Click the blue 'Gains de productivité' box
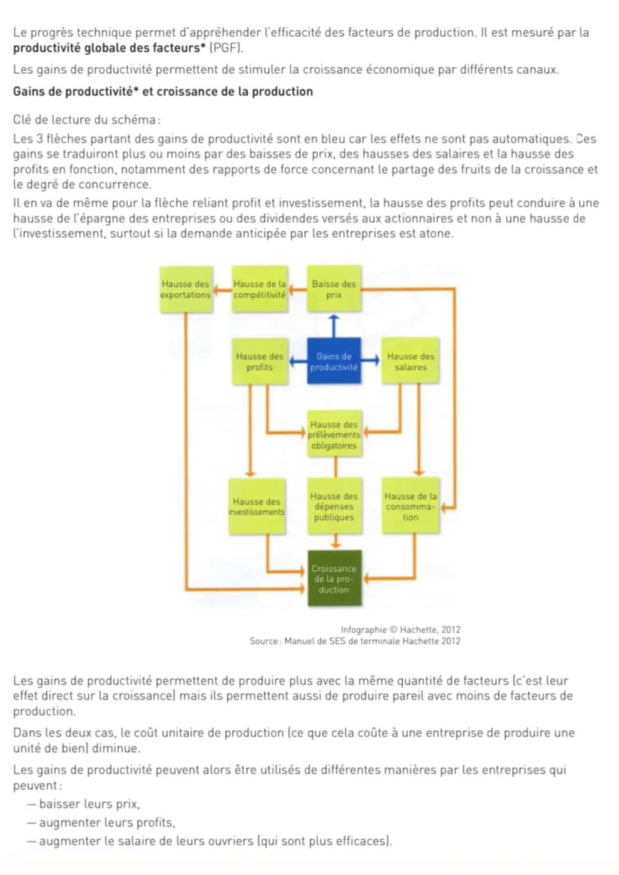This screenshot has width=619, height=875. [333, 361]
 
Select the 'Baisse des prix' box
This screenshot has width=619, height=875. [333, 288]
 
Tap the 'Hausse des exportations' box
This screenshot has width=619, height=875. [186, 289]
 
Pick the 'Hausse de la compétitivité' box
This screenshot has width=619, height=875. [259, 289]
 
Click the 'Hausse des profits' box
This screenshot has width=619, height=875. [259, 361]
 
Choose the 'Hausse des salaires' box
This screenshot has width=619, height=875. [410, 361]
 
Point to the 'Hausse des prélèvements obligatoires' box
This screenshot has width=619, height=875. [333, 434]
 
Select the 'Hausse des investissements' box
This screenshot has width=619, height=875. [256, 506]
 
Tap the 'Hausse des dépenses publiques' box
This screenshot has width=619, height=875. [333, 506]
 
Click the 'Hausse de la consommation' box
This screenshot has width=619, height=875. [410, 506]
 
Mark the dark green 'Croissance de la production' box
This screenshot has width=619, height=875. [333, 578]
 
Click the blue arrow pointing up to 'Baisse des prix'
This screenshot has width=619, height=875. [333, 326]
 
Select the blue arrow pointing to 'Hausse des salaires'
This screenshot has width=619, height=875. [371, 360]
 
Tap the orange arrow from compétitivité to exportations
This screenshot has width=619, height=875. [222, 289]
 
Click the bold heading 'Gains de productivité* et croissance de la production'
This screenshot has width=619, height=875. [163, 91]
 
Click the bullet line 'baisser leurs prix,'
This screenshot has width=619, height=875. [89, 804]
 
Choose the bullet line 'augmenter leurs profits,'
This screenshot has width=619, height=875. [107, 823]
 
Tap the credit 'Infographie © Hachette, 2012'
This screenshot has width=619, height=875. [400, 630]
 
